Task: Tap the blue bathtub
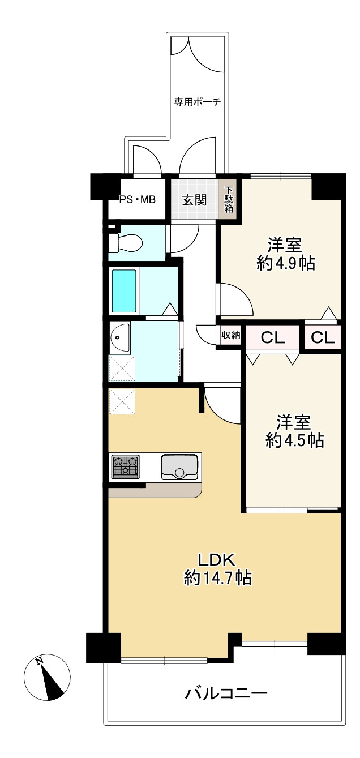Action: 125,291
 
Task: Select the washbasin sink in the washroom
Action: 119,338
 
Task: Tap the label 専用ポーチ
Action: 196,102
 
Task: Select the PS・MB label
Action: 137,199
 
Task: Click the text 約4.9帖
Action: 285,263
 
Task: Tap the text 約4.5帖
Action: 294,440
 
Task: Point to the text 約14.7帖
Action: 218,577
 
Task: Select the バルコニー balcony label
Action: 226,693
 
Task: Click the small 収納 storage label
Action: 230,335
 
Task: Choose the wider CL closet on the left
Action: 272,338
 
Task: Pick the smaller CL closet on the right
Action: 323,338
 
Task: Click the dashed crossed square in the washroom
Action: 122,368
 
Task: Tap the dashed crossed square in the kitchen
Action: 122,401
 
